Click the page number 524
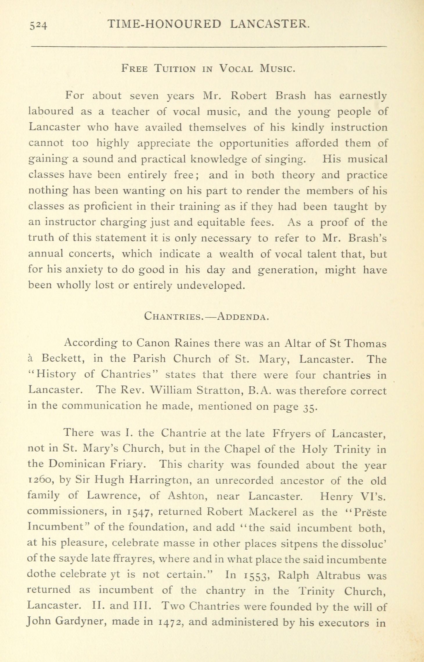pos(38,25)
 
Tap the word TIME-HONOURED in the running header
pos(164,24)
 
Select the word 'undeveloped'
pos(211,286)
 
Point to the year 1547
pos(139,513)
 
